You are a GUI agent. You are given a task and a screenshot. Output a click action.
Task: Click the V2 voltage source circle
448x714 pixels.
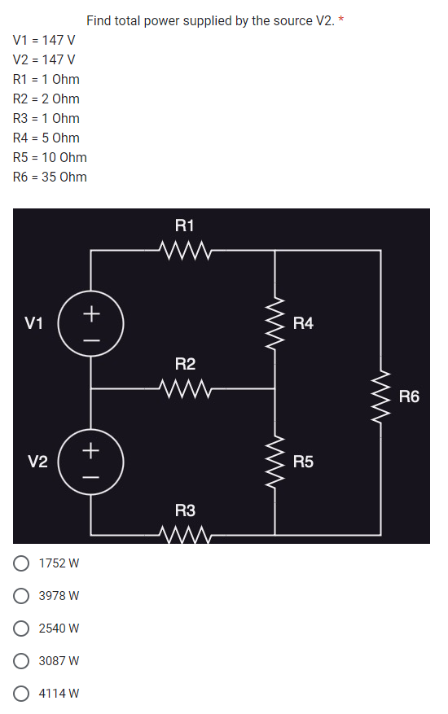click(x=91, y=462)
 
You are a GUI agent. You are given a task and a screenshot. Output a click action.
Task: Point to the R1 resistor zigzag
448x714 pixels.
click(x=186, y=247)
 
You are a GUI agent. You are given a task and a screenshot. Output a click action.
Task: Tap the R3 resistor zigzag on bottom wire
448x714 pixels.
click(x=186, y=534)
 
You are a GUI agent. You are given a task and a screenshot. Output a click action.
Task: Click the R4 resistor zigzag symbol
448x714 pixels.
click(x=275, y=323)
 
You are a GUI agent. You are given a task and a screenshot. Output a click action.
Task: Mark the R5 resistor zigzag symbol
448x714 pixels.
click(x=275, y=462)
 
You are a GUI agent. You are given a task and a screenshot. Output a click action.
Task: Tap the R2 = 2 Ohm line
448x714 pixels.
click(x=46, y=99)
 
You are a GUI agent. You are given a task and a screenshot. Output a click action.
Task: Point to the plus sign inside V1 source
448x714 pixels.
click(x=91, y=312)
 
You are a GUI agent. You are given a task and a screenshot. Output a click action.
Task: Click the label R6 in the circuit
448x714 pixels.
click(x=409, y=397)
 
